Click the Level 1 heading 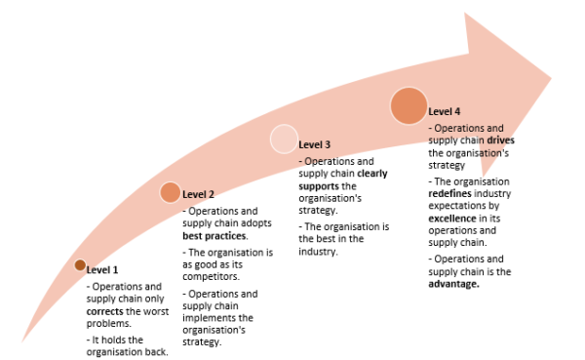click(102, 269)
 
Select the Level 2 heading click(198, 194)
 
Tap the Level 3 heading click(314, 144)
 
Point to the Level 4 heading click(445, 112)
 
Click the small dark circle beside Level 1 click(80, 265)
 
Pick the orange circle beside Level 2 click(170, 192)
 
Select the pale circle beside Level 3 click(284, 140)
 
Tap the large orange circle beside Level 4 click(409, 106)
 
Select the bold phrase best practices click(214, 235)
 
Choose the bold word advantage click(456, 284)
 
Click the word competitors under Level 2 click(212, 276)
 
